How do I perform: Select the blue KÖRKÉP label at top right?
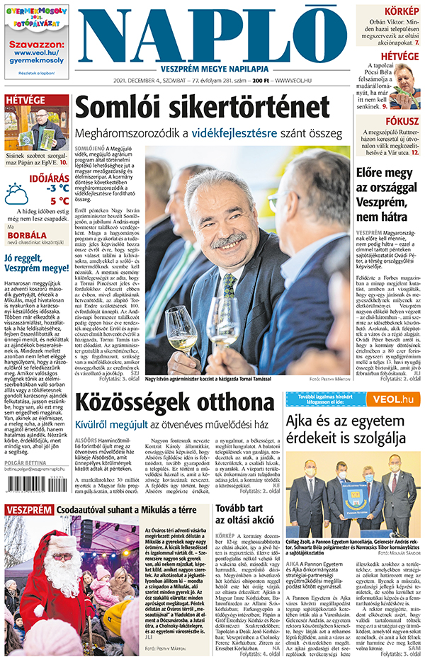pos(401,11)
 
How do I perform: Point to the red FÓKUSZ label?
pos(402,120)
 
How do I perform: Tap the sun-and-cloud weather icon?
pos(18,193)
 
